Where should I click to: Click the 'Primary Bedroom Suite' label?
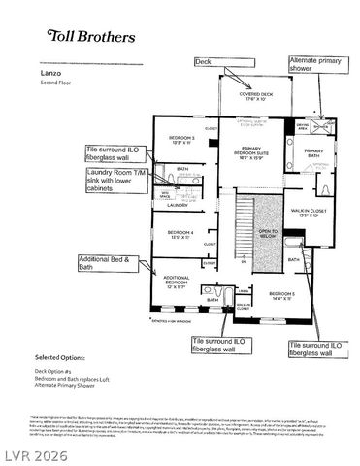point(255,152)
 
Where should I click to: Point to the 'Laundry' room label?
point(178,205)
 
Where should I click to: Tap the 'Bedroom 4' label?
point(181,234)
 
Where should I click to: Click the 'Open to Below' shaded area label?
point(267,233)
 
